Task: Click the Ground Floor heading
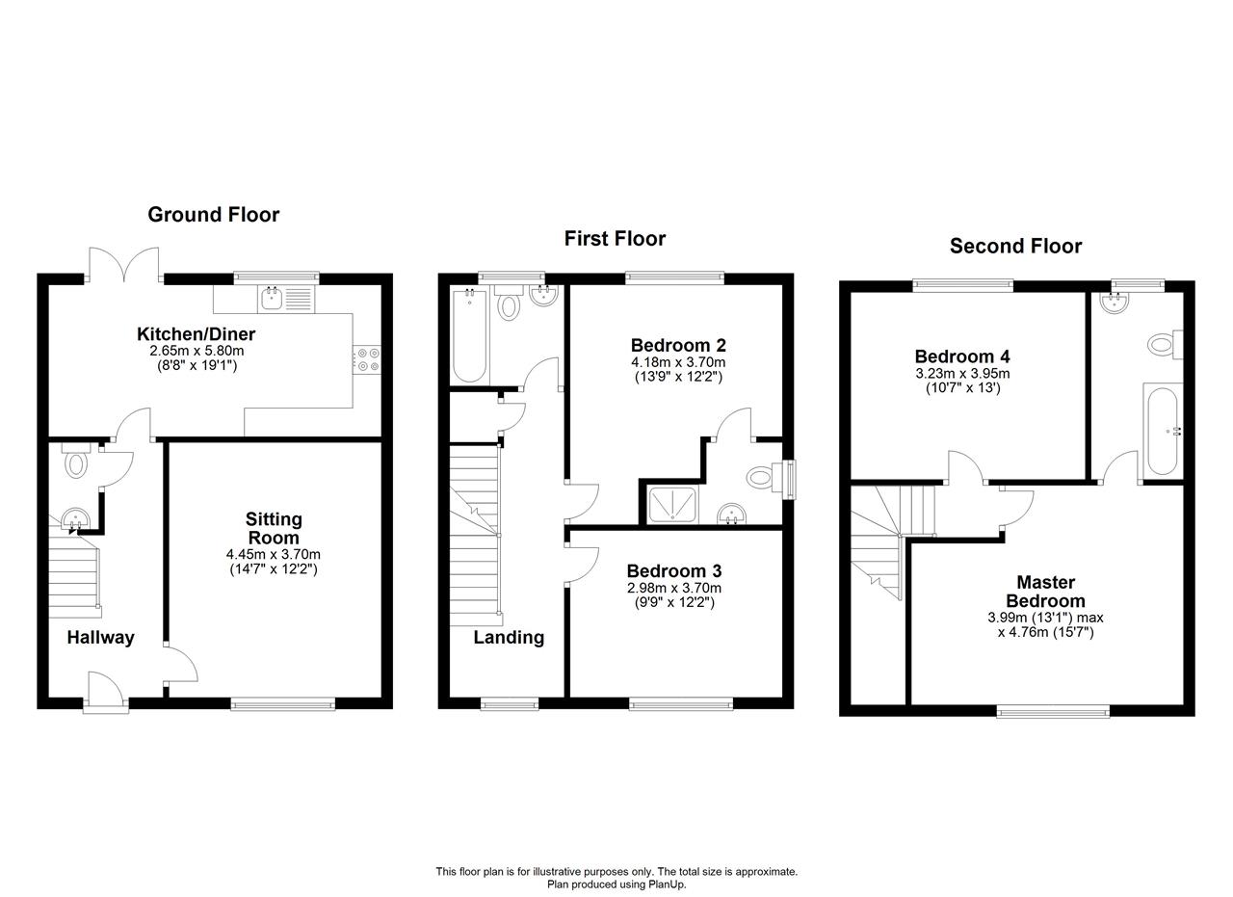pos(214,215)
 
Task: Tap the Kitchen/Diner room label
pos(196,333)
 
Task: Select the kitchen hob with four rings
pos(367,359)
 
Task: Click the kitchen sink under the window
pos(273,300)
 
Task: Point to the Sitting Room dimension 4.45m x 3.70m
pos(273,554)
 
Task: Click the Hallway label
pos(101,638)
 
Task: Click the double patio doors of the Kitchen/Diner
pos(124,263)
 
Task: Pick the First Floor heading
pos(615,238)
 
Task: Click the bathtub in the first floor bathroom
pos(469,335)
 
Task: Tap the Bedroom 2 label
pos(678,345)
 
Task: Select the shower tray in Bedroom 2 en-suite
pos(672,505)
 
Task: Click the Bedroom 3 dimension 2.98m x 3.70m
pos(674,588)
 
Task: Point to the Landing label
pos(509,637)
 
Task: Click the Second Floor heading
pos(1015,246)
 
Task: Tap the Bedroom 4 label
pos(962,356)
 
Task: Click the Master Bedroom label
pos(1045,592)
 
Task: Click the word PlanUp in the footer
pos(669,884)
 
